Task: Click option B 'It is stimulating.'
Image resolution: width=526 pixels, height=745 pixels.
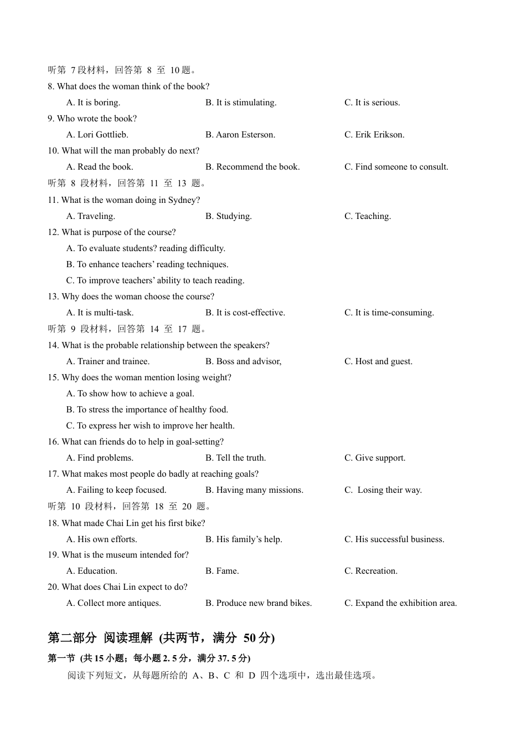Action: [241, 103]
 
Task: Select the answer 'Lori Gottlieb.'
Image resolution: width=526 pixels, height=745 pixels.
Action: [97, 135]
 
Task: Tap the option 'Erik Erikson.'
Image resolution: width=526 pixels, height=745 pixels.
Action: [374, 135]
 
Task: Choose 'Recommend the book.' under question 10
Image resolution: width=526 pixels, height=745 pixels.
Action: [252, 167]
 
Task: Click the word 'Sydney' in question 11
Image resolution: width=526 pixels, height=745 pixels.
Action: [183, 200]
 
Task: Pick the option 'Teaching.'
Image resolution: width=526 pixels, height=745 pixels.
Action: [368, 216]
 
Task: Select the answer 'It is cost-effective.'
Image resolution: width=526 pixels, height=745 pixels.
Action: [245, 313]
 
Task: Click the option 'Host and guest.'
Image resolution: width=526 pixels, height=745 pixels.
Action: [378, 361]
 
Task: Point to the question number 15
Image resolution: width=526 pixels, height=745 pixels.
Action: [53, 377]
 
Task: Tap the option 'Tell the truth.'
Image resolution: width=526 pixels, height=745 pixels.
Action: [236, 458]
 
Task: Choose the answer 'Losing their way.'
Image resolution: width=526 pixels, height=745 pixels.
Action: [383, 490]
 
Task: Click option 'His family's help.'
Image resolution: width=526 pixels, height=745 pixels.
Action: [244, 539]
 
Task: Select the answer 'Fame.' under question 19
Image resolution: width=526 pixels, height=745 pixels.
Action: [222, 571]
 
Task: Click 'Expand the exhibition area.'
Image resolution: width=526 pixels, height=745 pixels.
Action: [401, 603]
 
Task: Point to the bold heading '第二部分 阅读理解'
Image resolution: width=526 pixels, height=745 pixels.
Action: [100, 638]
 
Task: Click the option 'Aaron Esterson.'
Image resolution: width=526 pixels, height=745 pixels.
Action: [240, 135]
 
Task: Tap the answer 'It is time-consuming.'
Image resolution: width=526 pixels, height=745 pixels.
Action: [389, 313]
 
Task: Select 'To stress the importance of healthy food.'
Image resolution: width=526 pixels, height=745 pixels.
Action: [147, 410]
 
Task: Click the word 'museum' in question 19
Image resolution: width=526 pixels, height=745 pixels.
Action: [124, 555]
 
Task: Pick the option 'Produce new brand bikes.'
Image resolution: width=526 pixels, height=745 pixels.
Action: [259, 603]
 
